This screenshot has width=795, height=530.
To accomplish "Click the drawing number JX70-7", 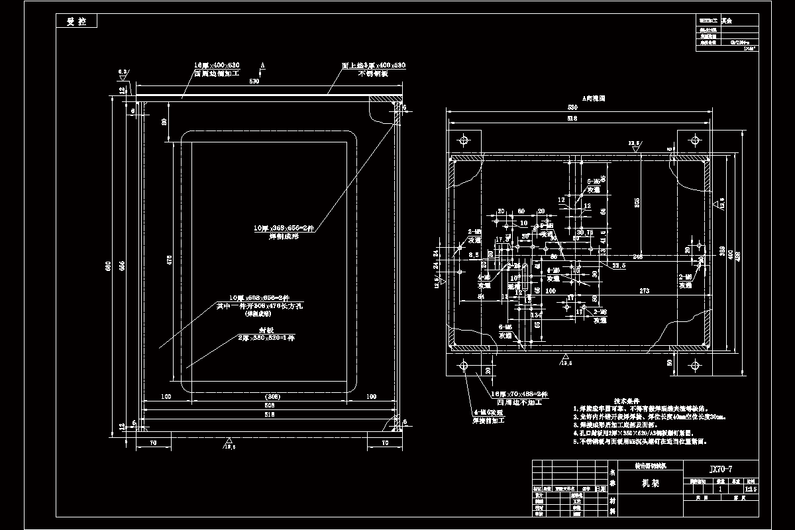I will [x=721, y=469].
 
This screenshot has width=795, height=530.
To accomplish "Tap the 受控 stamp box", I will [x=77, y=21].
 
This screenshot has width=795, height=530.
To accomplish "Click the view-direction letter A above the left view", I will [x=263, y=66].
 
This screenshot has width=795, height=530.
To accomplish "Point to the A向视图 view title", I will [x=594, y=99].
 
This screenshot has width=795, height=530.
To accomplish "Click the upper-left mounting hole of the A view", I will [x=463, y=140].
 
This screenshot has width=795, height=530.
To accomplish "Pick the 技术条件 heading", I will [x=625, y=401].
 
